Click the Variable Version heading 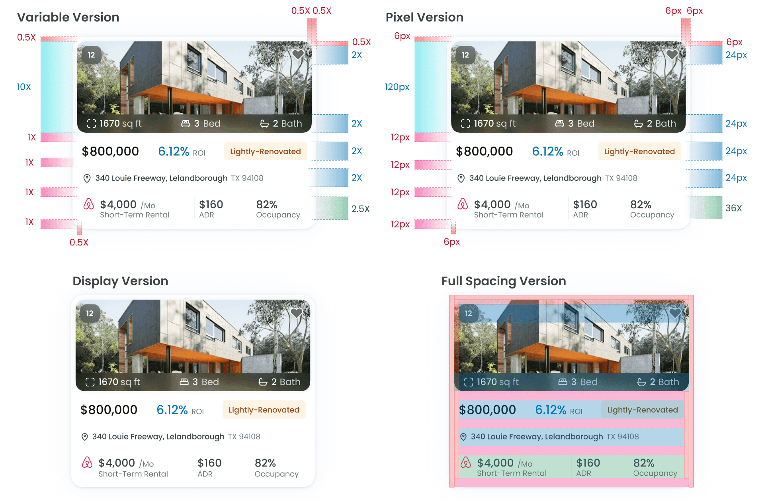[x=68, y=17]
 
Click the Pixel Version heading [x=424, y=17]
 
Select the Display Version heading [x=120, y=281]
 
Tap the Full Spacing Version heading [x=503, y=281]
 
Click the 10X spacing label [x=24, y=87]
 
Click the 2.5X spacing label [x=360, y=209]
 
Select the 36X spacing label [x=733, y=208]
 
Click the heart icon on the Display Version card [x=296, y=313]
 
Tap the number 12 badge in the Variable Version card [x=92, y=55]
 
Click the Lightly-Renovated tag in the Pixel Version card [x=639, y=151]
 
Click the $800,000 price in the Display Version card [x=109, y=410]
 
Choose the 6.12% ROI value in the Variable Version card [x=174, y=151]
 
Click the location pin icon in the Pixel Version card [x=461, y=178]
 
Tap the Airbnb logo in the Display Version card [x=87, y=462]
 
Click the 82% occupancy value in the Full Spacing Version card [x=644, y=463]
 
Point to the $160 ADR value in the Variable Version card [x=211, y=204]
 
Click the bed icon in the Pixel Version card [x=559, y=124]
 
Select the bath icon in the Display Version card [x=263, y=382]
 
